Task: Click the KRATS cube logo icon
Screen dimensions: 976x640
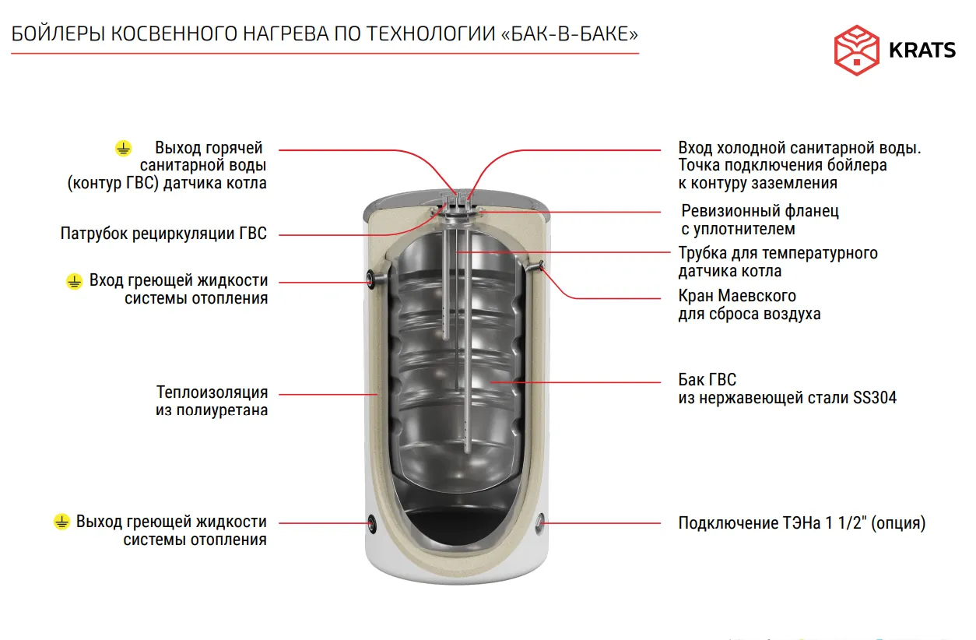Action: point(856,50)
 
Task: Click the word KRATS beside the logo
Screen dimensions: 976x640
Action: point(922,51)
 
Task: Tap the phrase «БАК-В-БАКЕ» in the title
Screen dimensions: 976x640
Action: point(570,34)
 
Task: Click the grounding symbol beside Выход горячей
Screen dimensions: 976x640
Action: point(123,148)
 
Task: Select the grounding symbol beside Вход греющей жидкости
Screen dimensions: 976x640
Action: point(74,281)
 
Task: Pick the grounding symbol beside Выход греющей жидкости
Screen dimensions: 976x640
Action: point(61,522)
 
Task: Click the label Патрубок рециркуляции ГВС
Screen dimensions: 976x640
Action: point(163,234)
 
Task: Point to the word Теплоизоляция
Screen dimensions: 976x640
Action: point(212,392)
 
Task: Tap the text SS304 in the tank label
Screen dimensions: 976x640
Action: point(875,398)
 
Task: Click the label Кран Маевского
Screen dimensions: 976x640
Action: point(737,296)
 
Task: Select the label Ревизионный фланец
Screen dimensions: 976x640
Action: point(760,211)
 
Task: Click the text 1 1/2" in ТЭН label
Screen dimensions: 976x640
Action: point(845,522)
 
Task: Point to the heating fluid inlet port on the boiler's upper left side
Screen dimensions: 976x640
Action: point(370,279)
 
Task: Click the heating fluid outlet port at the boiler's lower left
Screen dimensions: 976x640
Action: point(372,523)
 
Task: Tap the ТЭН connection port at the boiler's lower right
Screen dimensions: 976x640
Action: point(539,522)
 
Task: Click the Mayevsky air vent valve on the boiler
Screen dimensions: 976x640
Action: point(541,265)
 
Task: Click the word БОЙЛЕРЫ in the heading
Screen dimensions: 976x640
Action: point(58,34)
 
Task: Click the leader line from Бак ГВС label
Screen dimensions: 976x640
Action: point(575,382)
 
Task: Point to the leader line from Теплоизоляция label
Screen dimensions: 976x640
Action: point(328,395)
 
